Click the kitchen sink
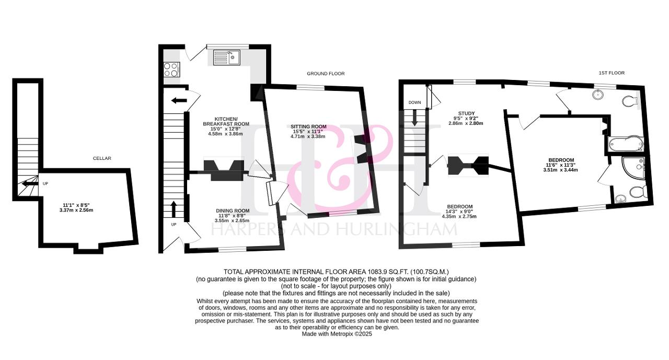(227, 57)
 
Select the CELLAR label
(102, 158)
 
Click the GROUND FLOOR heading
(326, 74)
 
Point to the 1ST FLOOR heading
(612, 73)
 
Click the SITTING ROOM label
(308, 126)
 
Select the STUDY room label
(466, 113)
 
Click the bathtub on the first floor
(626, 145)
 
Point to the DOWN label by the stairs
(414, 102)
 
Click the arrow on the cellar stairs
(30, 183)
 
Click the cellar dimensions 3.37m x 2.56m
(76, 210)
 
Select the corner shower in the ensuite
(632, 168)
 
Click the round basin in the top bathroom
(598, 95)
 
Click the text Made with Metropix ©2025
(337, 334)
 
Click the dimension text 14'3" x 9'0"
(459, 211)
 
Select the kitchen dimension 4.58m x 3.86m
(225, 134)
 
